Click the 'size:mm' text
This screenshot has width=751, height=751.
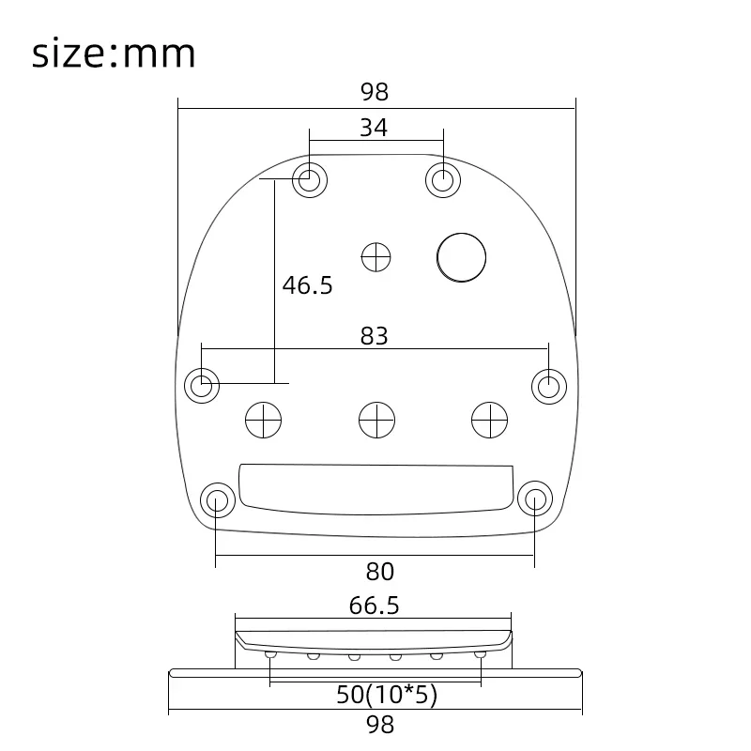click(114, 54)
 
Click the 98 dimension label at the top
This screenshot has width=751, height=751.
click(374, 92)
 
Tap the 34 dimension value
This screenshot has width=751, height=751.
click(374, 128)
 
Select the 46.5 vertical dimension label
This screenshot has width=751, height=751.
click(308, 285)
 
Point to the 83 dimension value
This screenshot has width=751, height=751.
click(374, 335)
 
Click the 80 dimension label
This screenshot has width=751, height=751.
click(379, 571)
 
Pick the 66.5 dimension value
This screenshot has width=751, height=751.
click(374, 605)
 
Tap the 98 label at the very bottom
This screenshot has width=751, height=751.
click(379, 724)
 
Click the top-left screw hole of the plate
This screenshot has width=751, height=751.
click(309, 179)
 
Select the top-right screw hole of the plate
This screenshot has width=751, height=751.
click(443, 179)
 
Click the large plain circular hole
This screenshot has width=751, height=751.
click(461, 256)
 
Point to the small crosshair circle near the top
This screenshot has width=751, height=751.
click(376, 255)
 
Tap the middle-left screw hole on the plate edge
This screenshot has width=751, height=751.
click(202, 384)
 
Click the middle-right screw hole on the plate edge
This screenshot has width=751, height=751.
click(549, 384)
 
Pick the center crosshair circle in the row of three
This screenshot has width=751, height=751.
click(376, 419)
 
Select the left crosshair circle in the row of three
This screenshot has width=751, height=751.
click(263, 419)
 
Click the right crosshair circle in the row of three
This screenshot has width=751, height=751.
click(489, 419)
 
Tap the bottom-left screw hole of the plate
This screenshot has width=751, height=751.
click(217, 499)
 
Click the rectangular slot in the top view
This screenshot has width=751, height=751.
click(376, 486)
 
